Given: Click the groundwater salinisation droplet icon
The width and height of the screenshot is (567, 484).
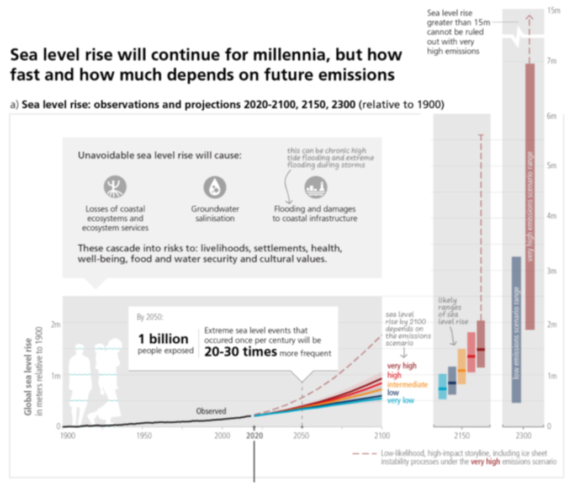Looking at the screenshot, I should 214,187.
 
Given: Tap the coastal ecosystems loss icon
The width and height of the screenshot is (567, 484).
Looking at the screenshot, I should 115,187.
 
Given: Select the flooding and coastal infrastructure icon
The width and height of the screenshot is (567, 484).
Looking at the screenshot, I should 315,188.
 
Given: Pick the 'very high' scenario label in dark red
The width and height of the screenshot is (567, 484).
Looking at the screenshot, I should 401,365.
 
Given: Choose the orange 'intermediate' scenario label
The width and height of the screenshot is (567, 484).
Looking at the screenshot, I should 407,384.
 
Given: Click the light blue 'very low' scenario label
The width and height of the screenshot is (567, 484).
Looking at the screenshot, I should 401,401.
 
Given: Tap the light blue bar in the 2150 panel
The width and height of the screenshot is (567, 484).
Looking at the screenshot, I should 442,386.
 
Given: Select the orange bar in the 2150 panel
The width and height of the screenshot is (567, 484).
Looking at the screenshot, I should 462,366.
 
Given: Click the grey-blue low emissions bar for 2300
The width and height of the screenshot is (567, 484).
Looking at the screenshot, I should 516,329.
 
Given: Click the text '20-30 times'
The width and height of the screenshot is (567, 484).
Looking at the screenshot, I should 240,352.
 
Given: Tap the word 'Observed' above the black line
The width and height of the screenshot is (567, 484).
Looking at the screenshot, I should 211,411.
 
